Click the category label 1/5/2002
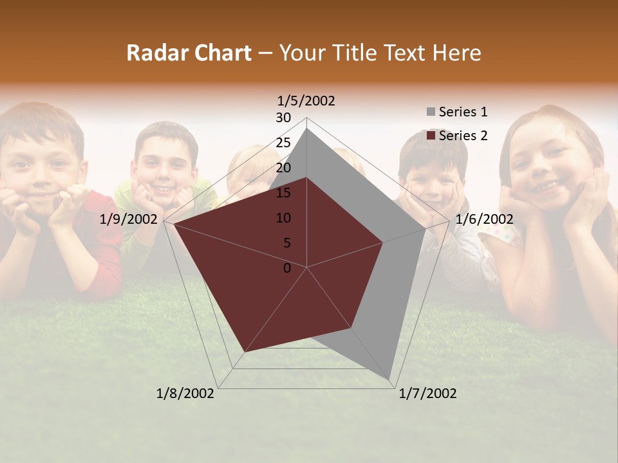[x=306, y=101]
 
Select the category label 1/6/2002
[x=484, y=219]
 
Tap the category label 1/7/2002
[x=427, y=394]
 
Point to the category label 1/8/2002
[x=185, y=394]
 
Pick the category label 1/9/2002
[x=129, y=219]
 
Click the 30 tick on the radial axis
[x=283, y=118]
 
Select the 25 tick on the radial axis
[x=283, y=143]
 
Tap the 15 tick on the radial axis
[x=283, y=193]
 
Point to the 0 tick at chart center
[x=287, y=268]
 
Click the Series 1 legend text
[x=463, y=112]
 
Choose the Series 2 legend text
[x=463, y=136]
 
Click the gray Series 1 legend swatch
[x=431, y=113]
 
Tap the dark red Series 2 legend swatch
[x=431, y=136]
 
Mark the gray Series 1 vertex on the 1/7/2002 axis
[x=389, y=379]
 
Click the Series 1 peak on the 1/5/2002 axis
[x=307, y=129]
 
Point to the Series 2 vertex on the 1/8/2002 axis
[x=245, y=352]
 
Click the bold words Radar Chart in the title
[x=189, y=53]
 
